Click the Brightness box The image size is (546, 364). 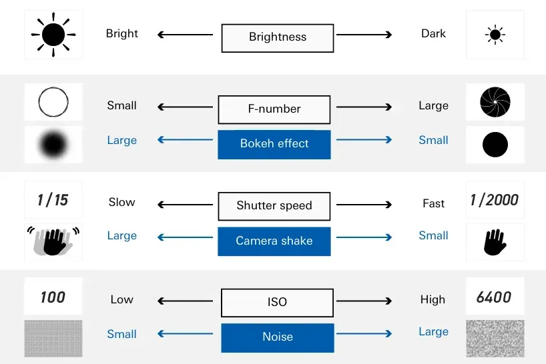tap(278, 38)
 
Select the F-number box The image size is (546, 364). tap(274, 109)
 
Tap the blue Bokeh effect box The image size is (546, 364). tap(274, 145)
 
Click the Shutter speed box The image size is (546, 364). tap(274, 206)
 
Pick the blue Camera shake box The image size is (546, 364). tap(274, 241)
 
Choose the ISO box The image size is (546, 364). tap(277, 303)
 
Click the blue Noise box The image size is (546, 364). tap(278, 338)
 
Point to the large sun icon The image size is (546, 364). tap(53, 35)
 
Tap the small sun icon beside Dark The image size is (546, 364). tap(495, 35)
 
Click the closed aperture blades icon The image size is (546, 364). tap(495, 102)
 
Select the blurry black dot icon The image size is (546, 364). tap(53, 144)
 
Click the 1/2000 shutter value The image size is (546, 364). tap(494, 200)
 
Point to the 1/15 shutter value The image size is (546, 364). tap(53, 200)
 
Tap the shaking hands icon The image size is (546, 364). tap(53, 241)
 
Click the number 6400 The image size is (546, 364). tap(494, 297)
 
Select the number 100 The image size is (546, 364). tap(53, 297)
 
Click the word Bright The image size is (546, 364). tap(122, 34)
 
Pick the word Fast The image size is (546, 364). tap(433, 203)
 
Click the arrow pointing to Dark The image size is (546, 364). tap(364, 35)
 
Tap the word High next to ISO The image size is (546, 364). tap(433, 300)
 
